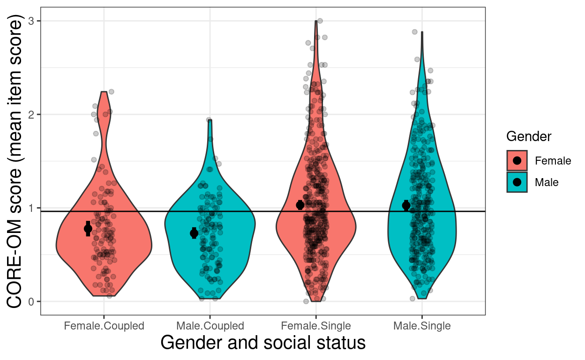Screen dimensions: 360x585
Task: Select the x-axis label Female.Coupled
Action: point(104,326)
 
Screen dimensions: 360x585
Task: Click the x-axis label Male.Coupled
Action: point(210,326)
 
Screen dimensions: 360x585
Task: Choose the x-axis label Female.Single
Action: point(316,326)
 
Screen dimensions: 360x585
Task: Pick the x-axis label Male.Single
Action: point(422,326)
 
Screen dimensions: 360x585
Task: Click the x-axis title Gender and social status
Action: point(263,343)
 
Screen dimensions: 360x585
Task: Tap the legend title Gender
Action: point(529,136)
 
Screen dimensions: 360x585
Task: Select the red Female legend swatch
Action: point(517,161)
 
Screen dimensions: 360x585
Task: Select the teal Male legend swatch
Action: point(517,182)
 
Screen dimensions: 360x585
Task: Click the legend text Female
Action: point(553,161)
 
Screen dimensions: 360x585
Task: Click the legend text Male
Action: point(547,182)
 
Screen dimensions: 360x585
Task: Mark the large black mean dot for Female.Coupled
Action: point(88,229)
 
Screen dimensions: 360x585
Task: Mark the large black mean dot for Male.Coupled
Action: point(194,233)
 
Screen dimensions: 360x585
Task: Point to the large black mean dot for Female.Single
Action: point(300,205)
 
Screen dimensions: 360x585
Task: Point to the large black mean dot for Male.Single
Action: point(406,205)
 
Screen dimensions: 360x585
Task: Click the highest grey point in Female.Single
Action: point(320,21)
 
